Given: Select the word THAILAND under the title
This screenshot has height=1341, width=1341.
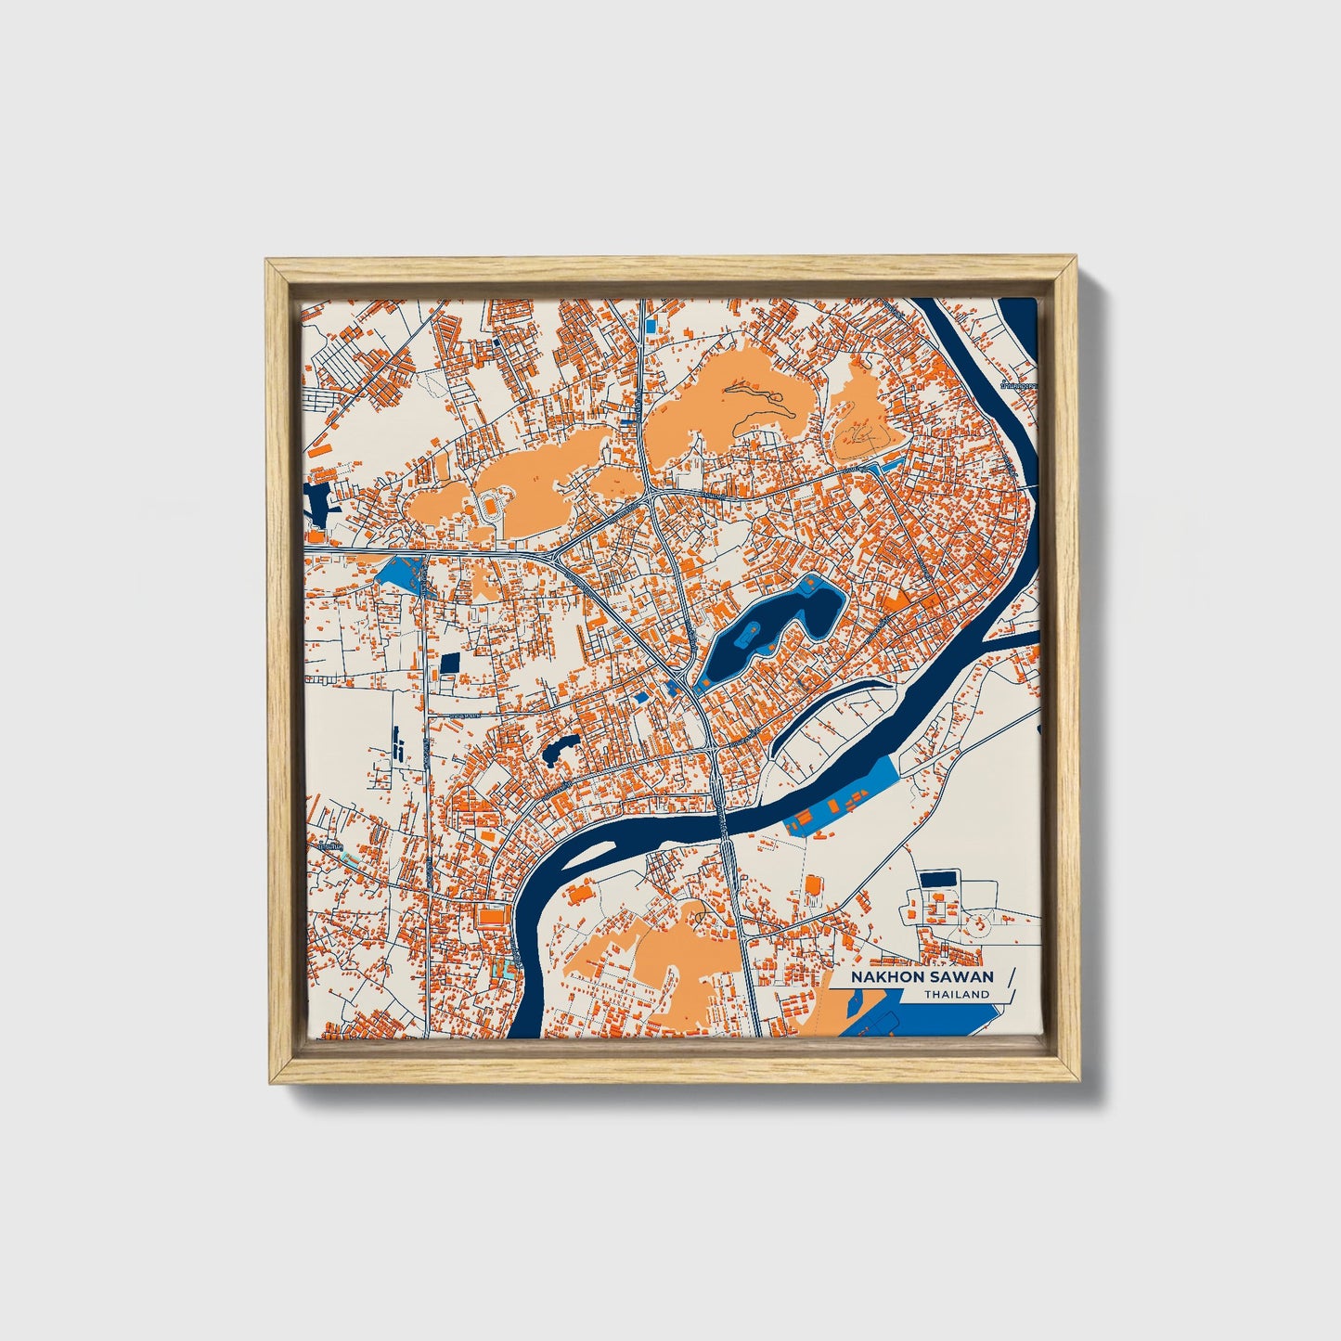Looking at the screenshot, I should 957,994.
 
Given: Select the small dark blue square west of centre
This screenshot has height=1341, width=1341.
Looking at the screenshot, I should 450,663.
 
